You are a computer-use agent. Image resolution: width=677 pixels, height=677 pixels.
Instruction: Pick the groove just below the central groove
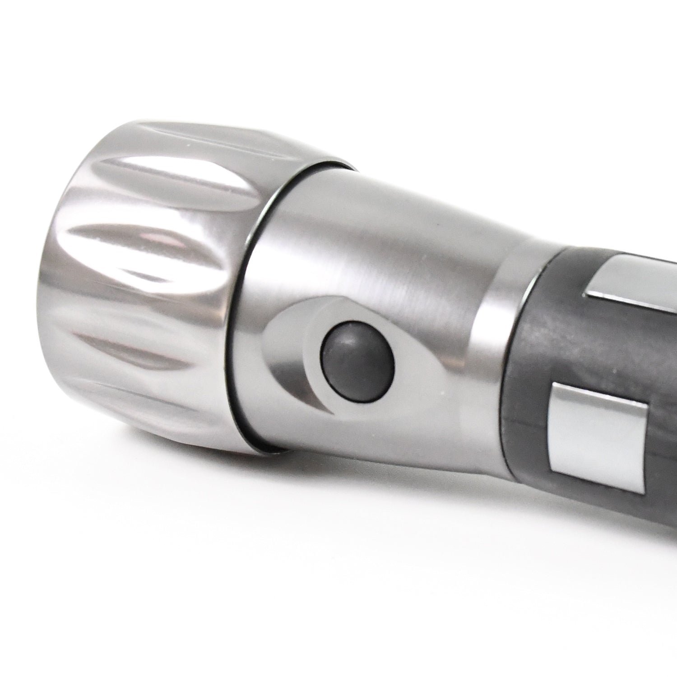(x=131, y=343)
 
